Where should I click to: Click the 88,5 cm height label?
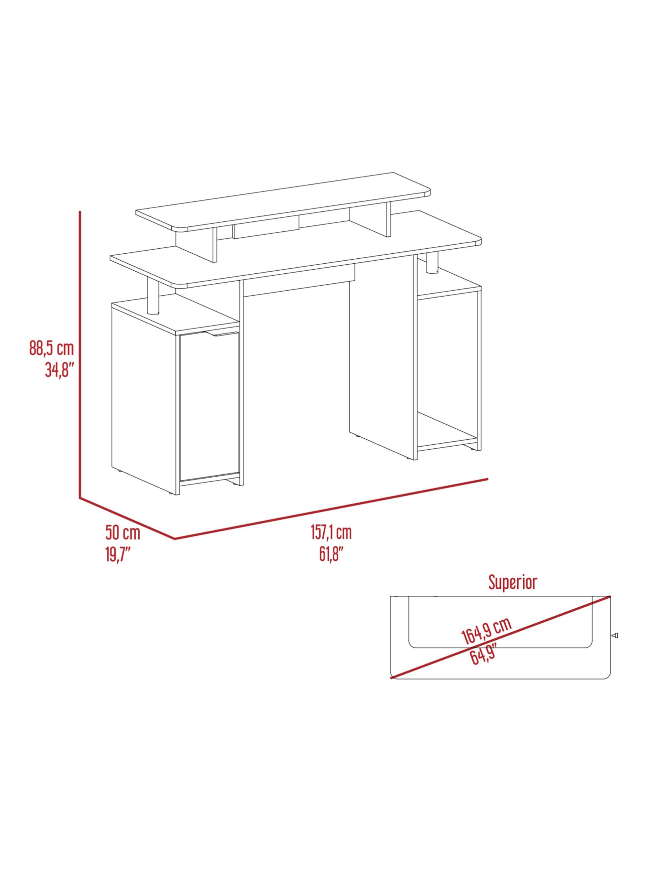tap(51, 348)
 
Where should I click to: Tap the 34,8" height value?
tap(59, 370)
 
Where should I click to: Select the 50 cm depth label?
tap(122, 533)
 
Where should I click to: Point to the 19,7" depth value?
tap(118, 555)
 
